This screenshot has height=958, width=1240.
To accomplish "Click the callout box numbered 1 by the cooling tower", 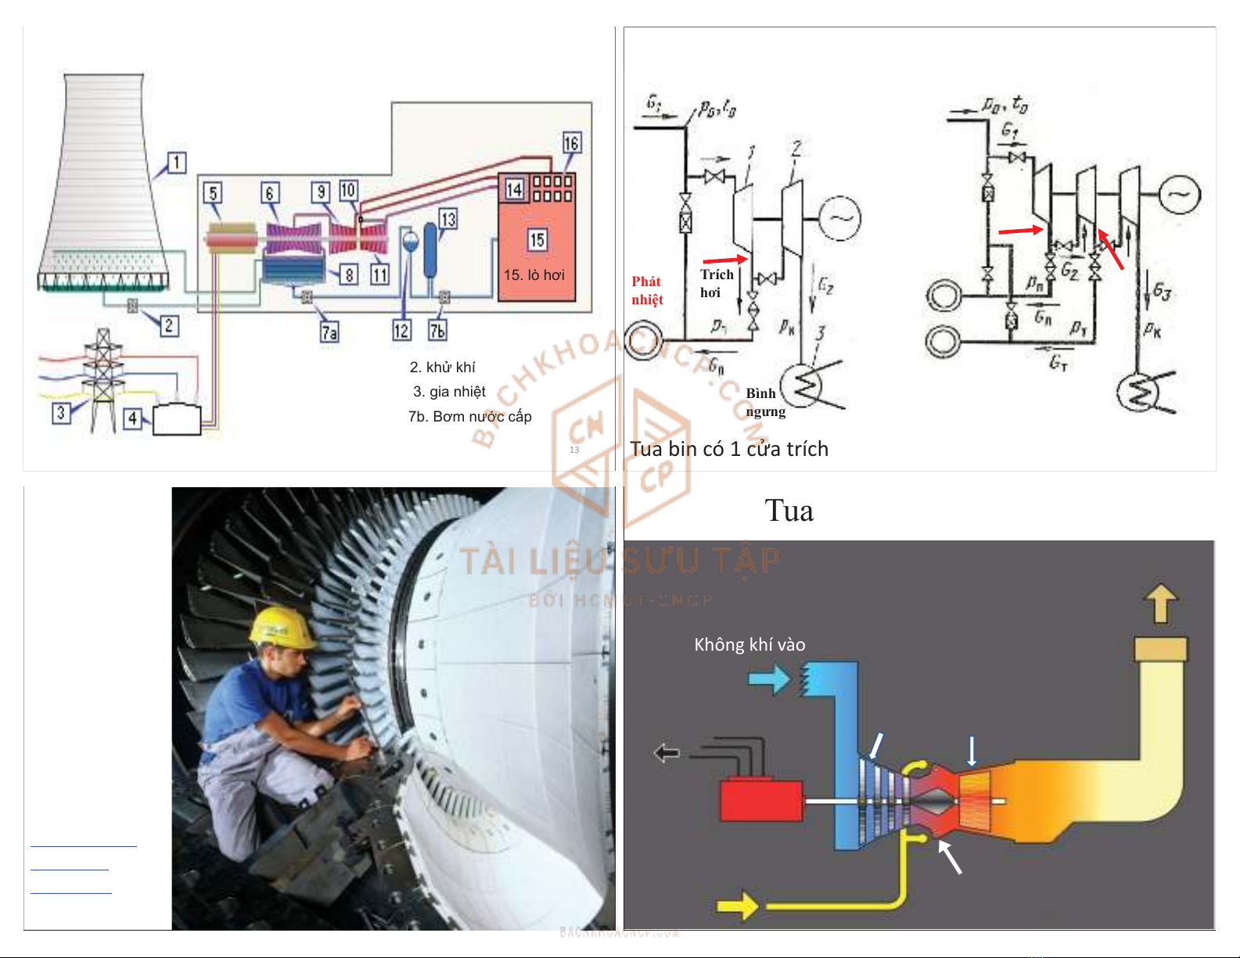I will pos(177,163).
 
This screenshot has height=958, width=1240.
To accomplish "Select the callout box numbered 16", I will pos(571,143).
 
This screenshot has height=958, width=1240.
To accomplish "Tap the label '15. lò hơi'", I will pos(534,275).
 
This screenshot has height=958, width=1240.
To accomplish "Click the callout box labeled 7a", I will pos(329,332).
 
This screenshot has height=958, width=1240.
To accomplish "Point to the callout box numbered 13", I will pos(447,219).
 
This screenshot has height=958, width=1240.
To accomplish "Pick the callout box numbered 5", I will pos(213,193).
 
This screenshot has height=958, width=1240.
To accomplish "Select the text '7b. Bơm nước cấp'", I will pos(469,417).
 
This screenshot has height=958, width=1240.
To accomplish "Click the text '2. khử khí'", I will pos(442,368).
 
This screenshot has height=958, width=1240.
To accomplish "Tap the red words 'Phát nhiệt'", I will pos(647,290).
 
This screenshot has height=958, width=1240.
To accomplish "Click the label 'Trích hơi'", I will pos(716,283).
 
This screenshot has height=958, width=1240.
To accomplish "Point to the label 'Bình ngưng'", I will pos(764,402).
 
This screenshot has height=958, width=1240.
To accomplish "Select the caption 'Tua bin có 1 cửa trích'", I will pos(729,449).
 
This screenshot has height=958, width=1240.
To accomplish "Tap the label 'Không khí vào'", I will pos(749,644).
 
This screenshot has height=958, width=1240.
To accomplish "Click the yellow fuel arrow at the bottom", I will pos(737,906).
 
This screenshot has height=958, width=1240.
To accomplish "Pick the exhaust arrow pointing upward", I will pos(1161,604).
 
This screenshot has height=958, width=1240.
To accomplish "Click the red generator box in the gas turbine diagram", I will pos(760,799).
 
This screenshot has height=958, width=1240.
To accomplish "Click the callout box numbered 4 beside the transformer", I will pos(133,419).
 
